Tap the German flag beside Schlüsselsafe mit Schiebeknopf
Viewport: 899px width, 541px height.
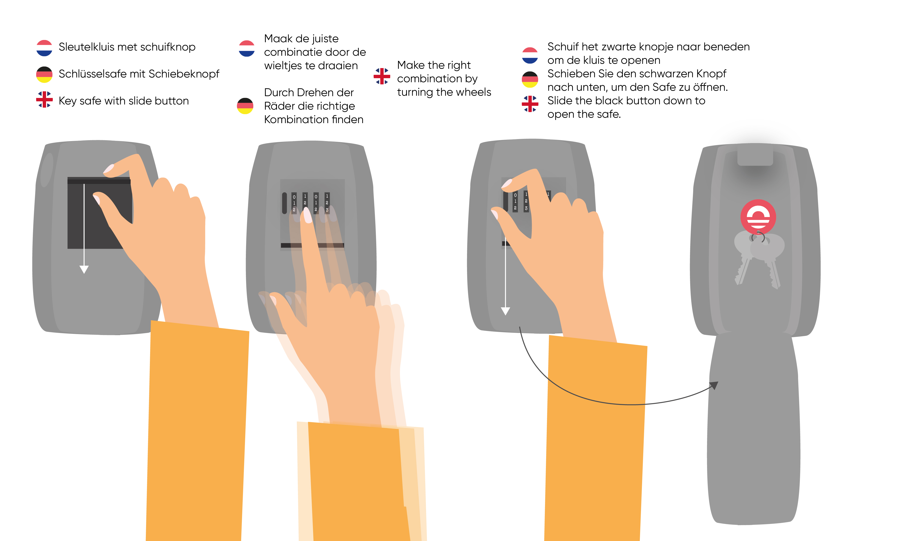click(44, 74)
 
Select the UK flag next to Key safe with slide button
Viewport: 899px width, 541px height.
click(44, 100)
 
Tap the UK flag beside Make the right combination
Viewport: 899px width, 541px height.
click(382, 76)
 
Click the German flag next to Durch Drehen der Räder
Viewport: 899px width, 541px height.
click(245, 106)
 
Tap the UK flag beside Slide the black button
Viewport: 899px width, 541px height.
click(530, 104)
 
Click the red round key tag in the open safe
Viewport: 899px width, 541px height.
click(758, 217)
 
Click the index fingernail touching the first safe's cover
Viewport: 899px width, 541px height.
click(109, 169)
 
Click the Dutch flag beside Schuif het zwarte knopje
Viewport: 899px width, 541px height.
click(530, 55)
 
